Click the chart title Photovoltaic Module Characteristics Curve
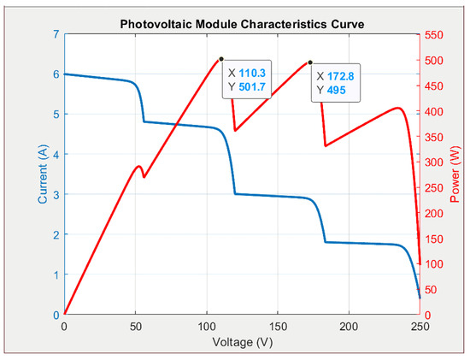tap(241, 25)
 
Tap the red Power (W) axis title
tap(455, 174)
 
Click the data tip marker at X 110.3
tap(221, 59)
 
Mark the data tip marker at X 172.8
tap(310, 62)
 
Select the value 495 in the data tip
tap(337, 90)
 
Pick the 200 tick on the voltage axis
tap(348, 327)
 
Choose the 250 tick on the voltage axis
tap(419, 327)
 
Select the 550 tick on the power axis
tap(436, 34)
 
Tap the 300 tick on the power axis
tap(436, 162)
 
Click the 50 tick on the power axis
tap(433, 289)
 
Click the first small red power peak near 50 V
tap(138, 166)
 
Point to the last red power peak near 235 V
tap(397, 108)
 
